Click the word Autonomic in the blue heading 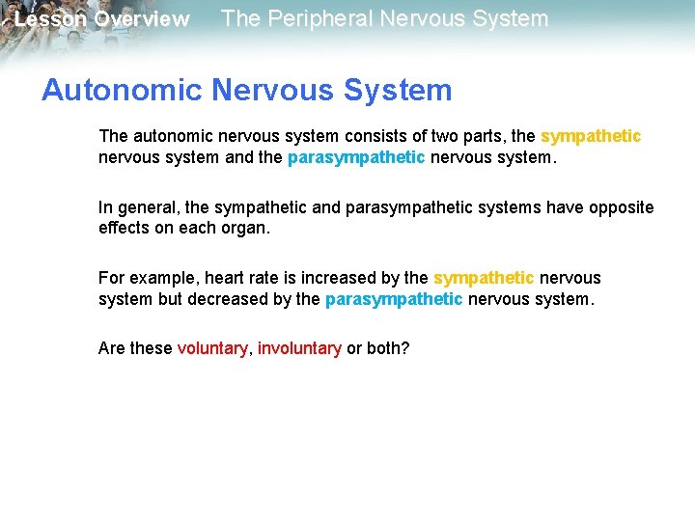tap(121, 91)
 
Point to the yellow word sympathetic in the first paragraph tap(591, 136)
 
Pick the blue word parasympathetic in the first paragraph tap(356, 157)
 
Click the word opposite tap(619, 207)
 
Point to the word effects tap(125, 229)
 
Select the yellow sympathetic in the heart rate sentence tap(484, 278)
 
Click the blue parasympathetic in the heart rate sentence tap(394, 299)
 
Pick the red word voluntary tap(212, 348)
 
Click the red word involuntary tap(299, 348)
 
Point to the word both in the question tap(387, 348)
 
